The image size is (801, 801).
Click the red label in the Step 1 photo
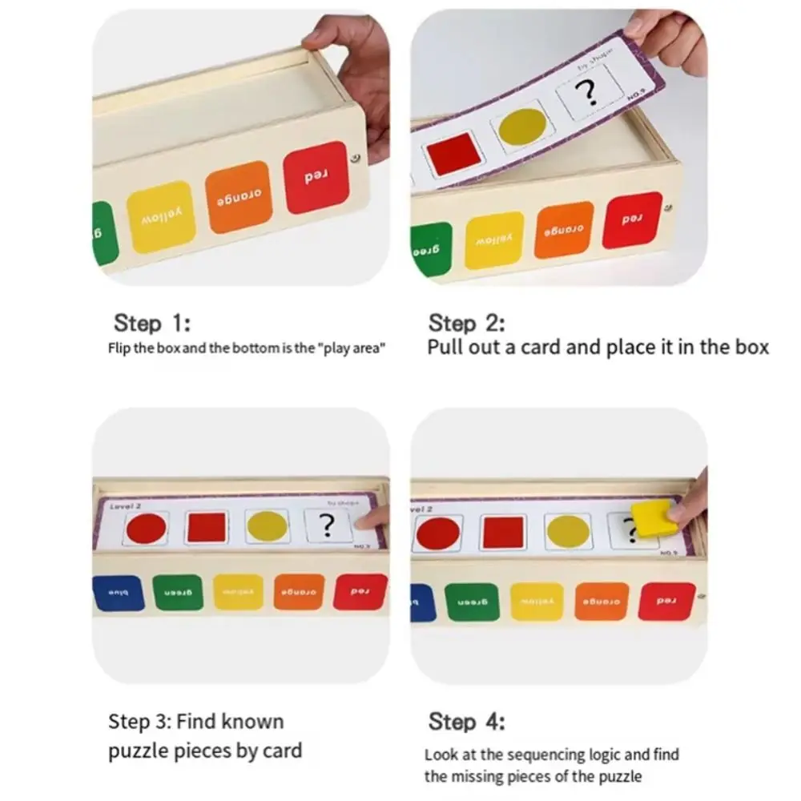[316, 178]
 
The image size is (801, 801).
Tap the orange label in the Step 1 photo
[238, 196]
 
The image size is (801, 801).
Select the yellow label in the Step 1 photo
[162, 216]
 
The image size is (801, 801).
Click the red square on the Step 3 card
[207, 528]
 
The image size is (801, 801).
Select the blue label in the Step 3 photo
[119, 593]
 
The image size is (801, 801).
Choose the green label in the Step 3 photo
[179, 593]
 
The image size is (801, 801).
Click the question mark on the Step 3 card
[327, 525]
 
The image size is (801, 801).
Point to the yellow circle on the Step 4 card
[568, 532]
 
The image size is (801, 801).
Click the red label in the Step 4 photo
[666, 601]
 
